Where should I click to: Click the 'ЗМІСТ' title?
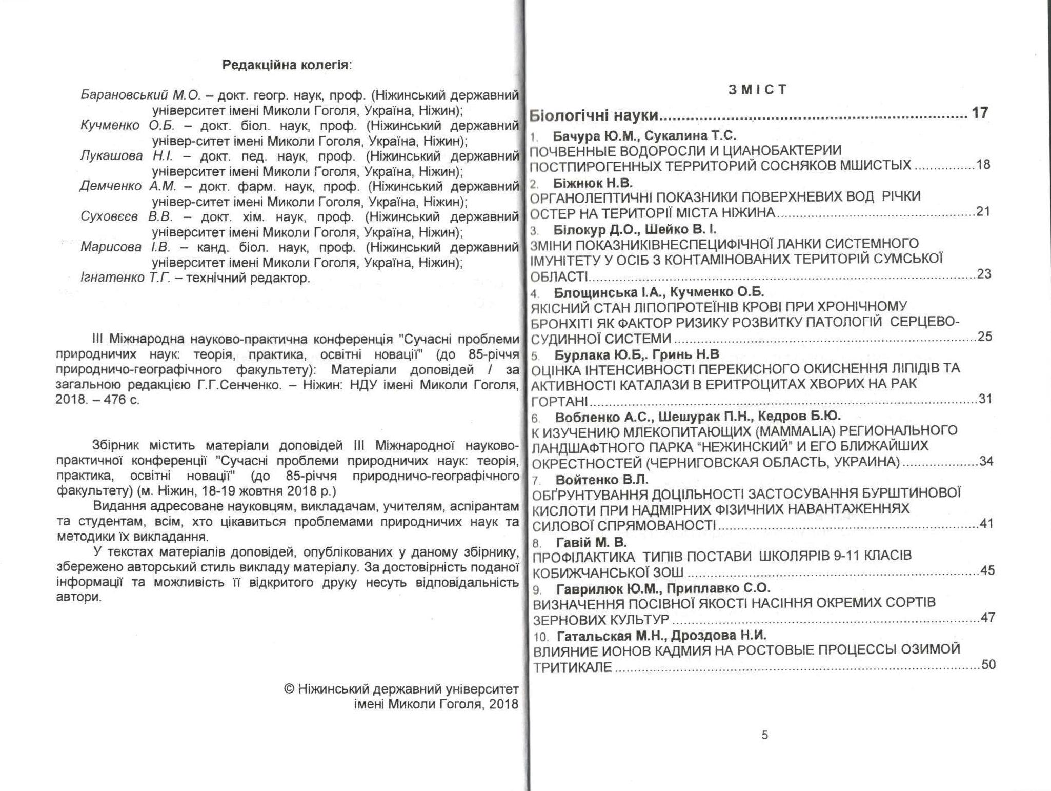tap(757, 90)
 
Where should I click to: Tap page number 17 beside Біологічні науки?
tap(979, 113)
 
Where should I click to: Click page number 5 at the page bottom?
tap(764, 735)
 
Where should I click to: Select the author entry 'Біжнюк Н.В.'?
tap(593, 183)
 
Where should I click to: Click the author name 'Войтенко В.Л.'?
tap(602, 480)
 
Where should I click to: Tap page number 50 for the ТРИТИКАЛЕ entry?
tap(987, 664)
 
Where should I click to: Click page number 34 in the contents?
tap(986, 461)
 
